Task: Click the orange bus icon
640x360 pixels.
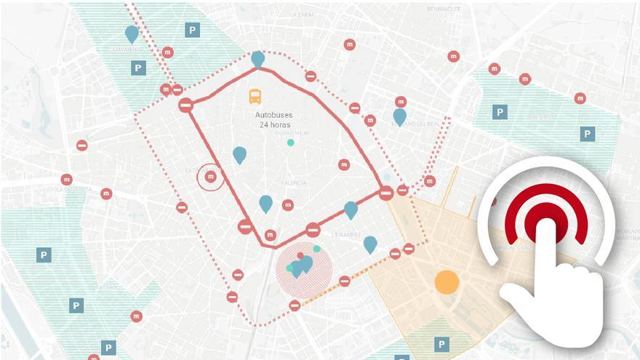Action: [255, 96]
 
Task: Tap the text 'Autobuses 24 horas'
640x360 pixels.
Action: [273, 120]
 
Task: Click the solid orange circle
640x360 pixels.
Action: [447, 282]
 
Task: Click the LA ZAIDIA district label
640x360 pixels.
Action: [302, 14]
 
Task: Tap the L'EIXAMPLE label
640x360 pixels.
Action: [345, 235]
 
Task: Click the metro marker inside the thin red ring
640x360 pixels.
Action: [211, 176]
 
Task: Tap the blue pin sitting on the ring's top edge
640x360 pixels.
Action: [257, 58]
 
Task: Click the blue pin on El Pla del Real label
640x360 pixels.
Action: [399, 116]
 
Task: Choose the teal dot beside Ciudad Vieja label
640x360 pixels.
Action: [291, 143]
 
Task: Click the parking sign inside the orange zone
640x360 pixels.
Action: [441, 344]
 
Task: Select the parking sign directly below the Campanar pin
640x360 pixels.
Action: [138, 68]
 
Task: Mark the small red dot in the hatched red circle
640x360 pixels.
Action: [300, 256]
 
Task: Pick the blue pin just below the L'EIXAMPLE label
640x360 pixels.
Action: [370, 244]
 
